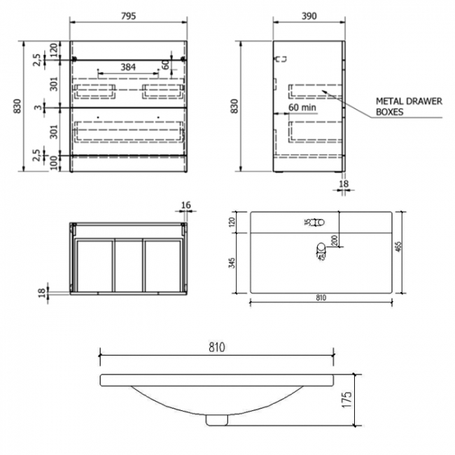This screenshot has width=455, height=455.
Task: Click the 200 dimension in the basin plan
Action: click(x=335, y=240)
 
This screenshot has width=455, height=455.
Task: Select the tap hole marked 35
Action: click(x=318, y=222)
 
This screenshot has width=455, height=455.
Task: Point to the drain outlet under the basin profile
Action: click(x=217, y=419)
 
